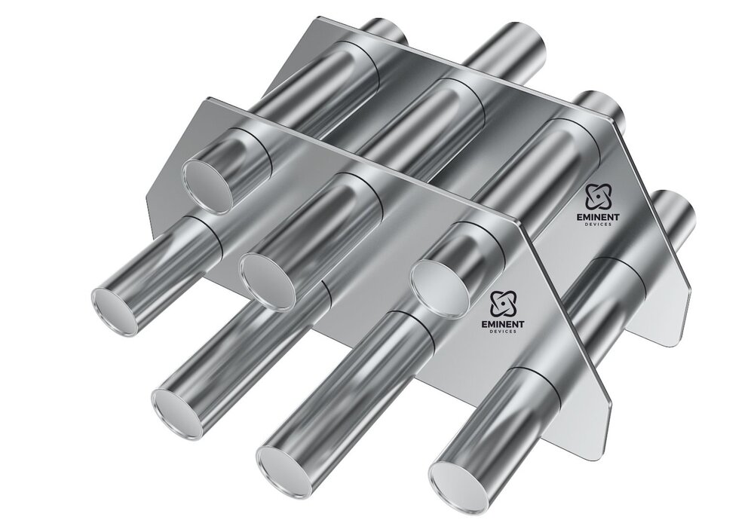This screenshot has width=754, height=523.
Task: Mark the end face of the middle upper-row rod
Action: click(x=267, y=276)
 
